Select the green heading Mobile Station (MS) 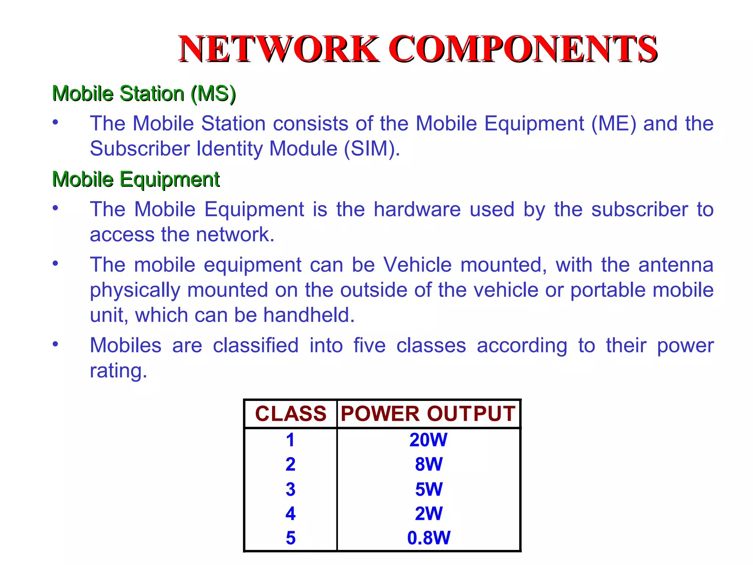[144, 93]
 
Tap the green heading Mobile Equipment [136, 180]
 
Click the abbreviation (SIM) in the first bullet [372, 149]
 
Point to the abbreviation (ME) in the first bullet [613, 123]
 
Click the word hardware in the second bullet [417, 209]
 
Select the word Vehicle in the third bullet [417, 265]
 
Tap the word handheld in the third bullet [309, 315]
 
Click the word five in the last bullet [370, 345]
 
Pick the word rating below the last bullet [118, 370]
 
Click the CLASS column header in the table [290, 414]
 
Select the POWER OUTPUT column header [428, 414]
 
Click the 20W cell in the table [428, 440]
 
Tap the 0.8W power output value [428, 538]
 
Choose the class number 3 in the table [290, 489]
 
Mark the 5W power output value [429, 489]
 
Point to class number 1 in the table [290, 440]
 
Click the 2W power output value [429, 514]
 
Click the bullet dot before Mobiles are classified [55, 344]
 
